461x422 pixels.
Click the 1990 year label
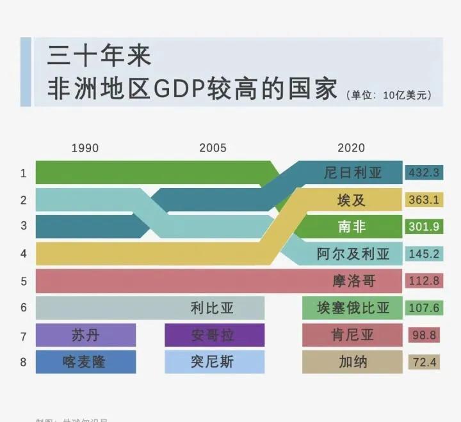85,148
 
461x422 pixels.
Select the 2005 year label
213,148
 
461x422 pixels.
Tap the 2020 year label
351,148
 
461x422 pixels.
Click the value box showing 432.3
424,173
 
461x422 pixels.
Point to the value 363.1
424,200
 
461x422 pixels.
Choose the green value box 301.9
424,226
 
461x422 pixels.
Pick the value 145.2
424,254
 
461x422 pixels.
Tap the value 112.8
424,281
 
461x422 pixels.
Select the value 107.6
424,308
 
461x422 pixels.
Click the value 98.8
424,335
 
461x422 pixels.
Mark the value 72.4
424,363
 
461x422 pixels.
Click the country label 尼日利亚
353,173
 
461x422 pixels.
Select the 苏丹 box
86,335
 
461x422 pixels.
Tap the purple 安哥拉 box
214,335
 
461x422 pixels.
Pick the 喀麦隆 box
86,362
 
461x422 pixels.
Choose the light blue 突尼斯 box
214,362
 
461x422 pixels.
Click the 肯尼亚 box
353,335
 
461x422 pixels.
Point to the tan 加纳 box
353,362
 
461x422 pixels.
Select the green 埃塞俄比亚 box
353,308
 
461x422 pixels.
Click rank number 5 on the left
24,281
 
